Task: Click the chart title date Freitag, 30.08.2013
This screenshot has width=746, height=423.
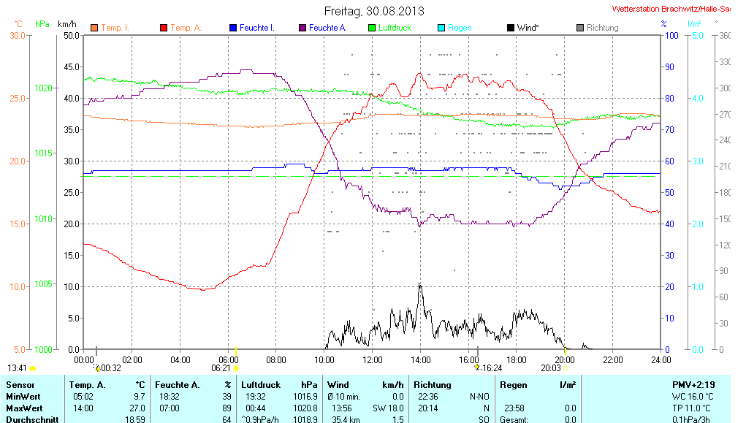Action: click(373, 12)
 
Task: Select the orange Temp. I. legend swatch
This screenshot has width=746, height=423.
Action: click(94, 28)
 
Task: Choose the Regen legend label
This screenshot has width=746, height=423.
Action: click(460, 28)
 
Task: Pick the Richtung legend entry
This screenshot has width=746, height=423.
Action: click(602, 28)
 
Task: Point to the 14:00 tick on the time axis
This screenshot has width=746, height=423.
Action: click(420, 359)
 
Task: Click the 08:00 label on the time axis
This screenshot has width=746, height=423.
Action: click(276, 359)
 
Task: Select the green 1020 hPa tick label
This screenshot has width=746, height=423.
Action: click(43, 88)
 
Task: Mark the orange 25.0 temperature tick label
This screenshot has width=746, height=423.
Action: click(18, 98)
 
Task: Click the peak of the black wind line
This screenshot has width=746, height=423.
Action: click(419, 283)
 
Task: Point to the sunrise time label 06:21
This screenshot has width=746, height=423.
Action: click(220, 368)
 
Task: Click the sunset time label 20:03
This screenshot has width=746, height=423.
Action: click(550, 368)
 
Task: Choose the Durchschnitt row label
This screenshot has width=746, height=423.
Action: click(30, 419)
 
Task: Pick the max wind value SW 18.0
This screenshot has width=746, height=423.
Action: click(388, 408)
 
